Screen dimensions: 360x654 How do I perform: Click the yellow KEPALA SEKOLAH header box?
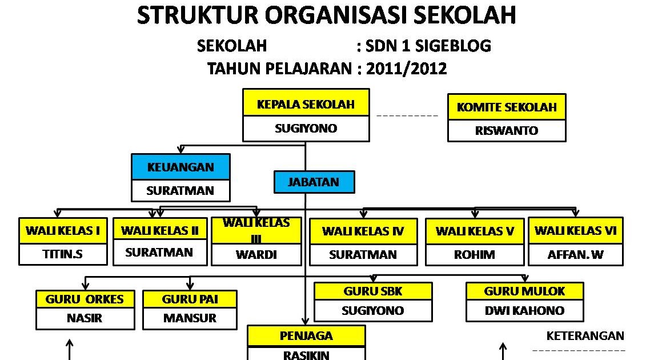[x=306, y=104]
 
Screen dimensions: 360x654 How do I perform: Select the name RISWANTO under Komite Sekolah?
[x=507, y=131]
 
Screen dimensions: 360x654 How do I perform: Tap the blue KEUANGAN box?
[x=180, y=167]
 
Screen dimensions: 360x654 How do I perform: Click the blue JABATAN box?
[x=314, y=182]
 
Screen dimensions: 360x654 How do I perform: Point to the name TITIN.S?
[x=63, y=254]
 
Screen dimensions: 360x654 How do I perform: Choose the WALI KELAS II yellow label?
[x=160, y=231]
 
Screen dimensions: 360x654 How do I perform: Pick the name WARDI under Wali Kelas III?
[x=256, y=255]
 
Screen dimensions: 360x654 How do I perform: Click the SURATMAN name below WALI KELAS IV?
[x=362, y=255]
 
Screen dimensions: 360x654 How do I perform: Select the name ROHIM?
[x=474, y=255]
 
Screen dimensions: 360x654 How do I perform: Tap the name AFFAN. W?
[x=575, y=255]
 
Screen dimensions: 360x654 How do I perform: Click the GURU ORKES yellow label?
[x=81, y=299]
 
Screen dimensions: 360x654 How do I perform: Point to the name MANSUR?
[x=190, y=318]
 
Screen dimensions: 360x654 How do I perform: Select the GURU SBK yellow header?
[x=373, y=291]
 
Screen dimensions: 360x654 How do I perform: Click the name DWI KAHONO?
[x=524, y=311]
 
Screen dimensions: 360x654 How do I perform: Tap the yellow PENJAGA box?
[x=306, y=336]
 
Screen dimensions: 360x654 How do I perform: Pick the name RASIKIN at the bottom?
[x=306, y=355]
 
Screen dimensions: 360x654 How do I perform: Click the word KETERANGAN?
[x=585, y=336]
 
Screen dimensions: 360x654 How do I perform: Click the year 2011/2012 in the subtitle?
[x=407, y=69]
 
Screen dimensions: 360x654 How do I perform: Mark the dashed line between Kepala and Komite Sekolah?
[x=407, y=116]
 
